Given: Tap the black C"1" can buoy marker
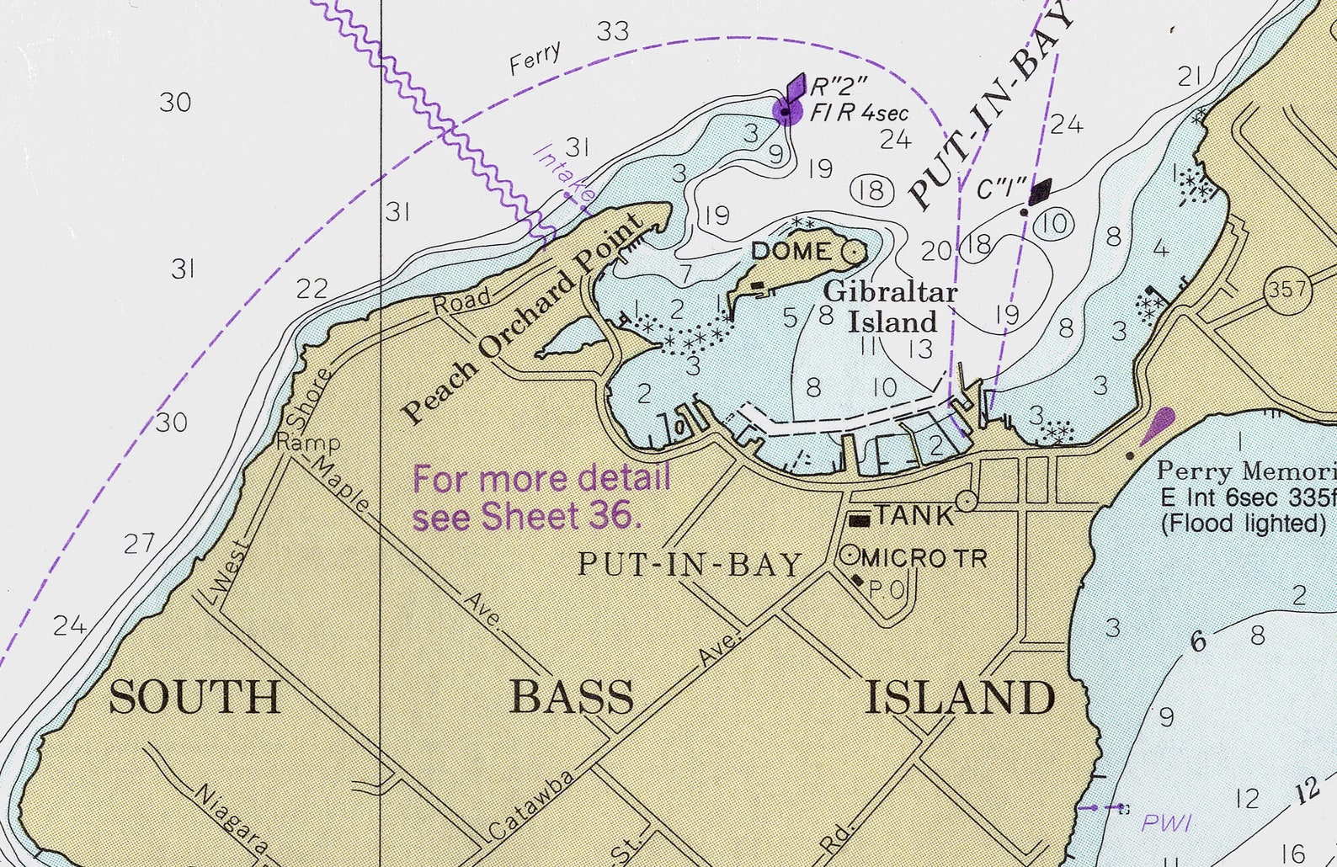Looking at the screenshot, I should [x=1039, y=192].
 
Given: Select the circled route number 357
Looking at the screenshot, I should [x=1287, y=290].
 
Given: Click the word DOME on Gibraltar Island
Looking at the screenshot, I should [x=790, y=251].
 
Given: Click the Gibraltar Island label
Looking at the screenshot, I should [x=891, y=307].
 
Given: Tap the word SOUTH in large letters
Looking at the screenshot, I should [x=194, y=698].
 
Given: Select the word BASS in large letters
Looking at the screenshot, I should [x=572, y=698].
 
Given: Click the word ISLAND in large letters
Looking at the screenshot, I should [x=960, y=698].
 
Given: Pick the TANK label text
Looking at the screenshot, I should [x=914, y=515].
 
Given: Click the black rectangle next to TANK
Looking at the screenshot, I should [x=859, y=520].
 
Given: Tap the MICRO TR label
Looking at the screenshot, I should [x=924, y=557].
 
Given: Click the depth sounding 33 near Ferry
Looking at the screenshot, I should [x=613, y=31].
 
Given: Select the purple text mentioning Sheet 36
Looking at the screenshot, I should [x=541, y=497].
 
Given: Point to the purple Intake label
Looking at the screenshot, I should [x=563, y=176].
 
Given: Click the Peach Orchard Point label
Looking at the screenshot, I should [x=522, y=322].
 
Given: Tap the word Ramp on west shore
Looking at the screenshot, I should [x=308, y=443].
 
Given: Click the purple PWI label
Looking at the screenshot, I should [x=1166, y=822].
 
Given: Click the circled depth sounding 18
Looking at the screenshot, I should [x=871, y=190].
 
